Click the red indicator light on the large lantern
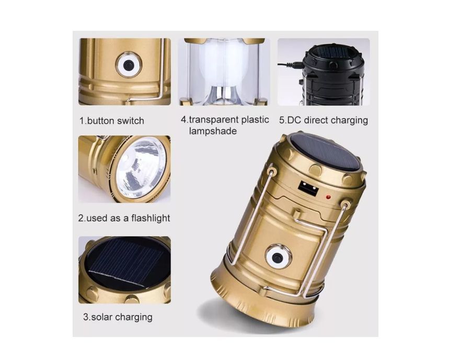[x=328, y=197]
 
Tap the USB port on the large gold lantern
[x=308, y=188]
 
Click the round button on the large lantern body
[x=277, y=257]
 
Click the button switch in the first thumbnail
[x=129, y=65]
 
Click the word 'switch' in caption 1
[x=131, y=121]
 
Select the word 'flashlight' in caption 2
[x=151, y=218]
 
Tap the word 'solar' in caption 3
[x=102, y=317]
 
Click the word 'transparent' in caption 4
[x=213, y=120]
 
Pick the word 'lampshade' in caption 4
[x=213, y=131]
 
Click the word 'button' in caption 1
[x=100, y=121]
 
